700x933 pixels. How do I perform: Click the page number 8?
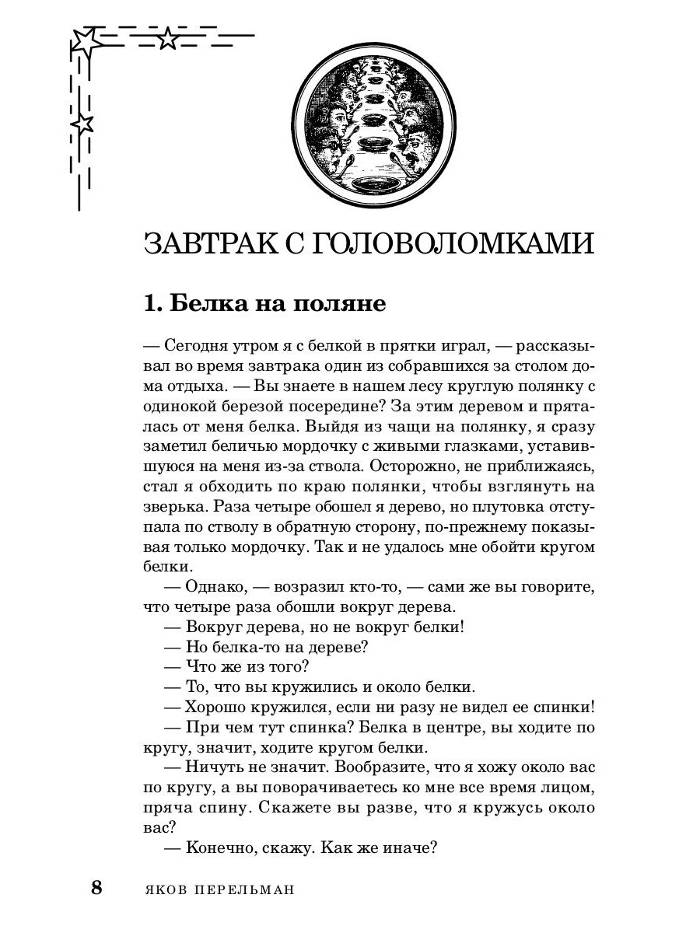pyautogui.click(x=96, y=887)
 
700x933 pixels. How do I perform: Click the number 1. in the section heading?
pyautogui.click(x=153, y=302)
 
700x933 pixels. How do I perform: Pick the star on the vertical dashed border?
pyautogui.click(x=82, y=122)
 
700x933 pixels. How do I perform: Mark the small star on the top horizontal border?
pyautogui.click(x=167, y=38)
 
